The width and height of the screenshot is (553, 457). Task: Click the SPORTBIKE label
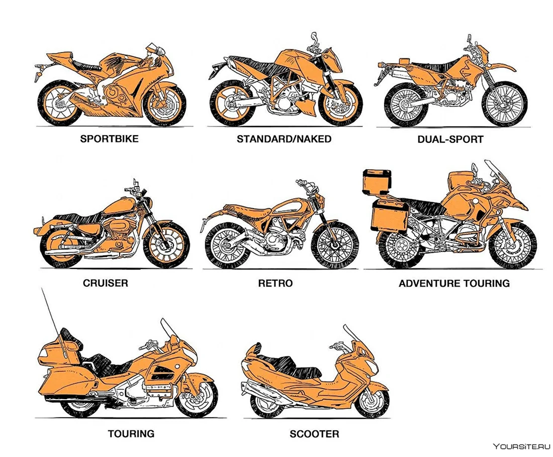[109, 139]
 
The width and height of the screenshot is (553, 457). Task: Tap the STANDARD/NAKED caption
[284, 139]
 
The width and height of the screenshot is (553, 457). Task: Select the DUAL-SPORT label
[450, 139]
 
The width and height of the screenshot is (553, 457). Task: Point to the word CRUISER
[106, 283]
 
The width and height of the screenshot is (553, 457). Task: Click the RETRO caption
[275, 283]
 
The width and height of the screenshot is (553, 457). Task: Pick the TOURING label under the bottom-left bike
[131, 433]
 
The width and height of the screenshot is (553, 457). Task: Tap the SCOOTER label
[314, 434]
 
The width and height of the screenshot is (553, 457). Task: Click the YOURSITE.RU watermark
[521, 447]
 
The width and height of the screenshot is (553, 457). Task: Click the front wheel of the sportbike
[164, 104]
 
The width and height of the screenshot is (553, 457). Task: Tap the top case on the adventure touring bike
[377, 181]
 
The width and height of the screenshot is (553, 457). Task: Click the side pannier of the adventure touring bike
[391, 216]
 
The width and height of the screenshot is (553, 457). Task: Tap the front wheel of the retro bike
[334, 245]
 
